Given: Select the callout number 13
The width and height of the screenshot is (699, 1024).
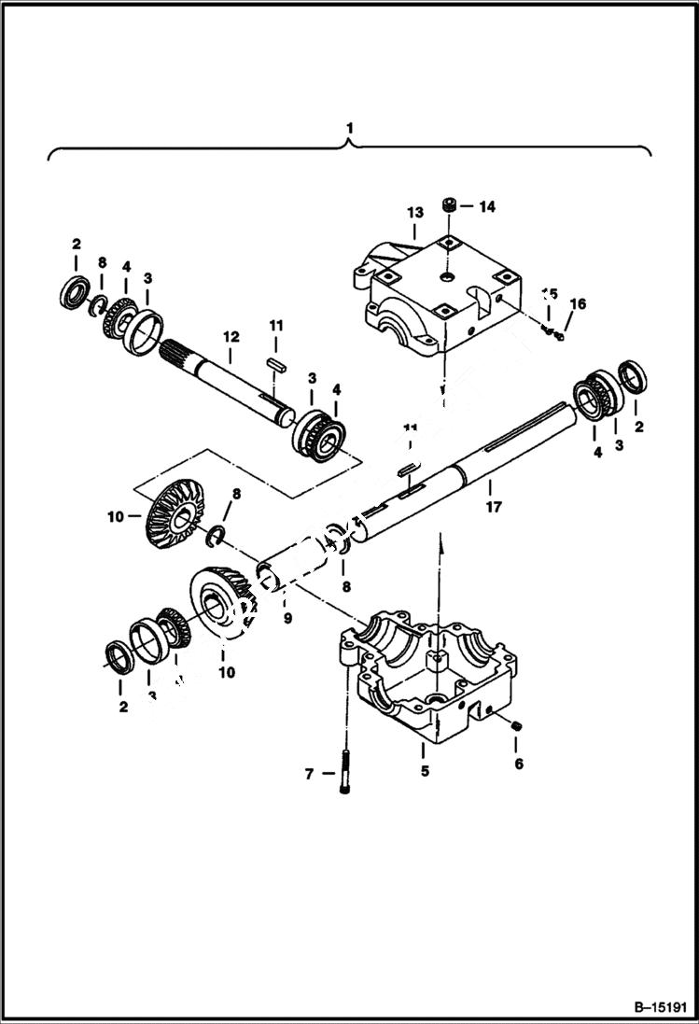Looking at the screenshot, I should point(414,213).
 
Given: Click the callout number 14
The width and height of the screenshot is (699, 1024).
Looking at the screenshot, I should point(486,206).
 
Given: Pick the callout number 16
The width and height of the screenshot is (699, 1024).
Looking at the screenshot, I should point(578,303).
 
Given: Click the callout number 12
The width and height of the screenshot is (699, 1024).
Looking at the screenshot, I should point(231,335).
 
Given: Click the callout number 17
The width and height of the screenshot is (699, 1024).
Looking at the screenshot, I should point(493,507).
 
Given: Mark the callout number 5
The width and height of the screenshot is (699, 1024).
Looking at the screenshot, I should point(425,771).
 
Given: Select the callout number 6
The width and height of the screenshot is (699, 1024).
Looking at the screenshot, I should point(519,764).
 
